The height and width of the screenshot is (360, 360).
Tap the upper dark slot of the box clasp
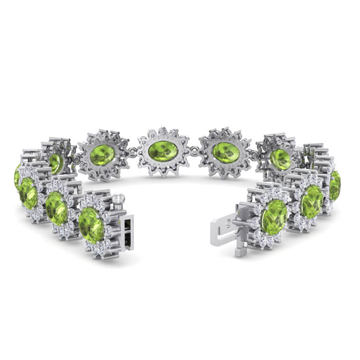[127, 220]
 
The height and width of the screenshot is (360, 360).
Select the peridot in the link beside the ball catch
[92, 224]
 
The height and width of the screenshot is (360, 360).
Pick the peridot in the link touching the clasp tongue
[275, 217]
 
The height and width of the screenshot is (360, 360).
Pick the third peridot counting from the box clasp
[28, 193]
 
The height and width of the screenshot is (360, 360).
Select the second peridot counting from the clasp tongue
[312, 201]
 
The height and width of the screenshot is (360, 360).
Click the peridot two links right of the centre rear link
[281, 158]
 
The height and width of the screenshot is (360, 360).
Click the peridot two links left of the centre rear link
[56, 164]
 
